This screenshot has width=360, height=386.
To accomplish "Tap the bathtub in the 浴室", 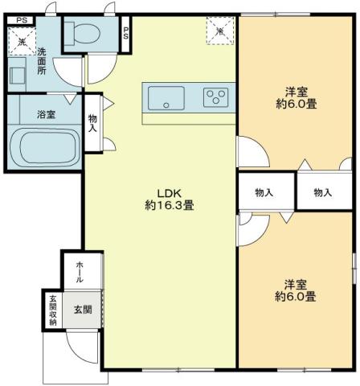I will tap(44, 148).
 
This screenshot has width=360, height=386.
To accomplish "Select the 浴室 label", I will tap(46, 114).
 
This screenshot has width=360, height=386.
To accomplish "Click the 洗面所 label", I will tap(42, 61).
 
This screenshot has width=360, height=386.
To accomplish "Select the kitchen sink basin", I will tap(166, 99).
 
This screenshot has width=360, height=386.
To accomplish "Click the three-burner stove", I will tap(215, 97).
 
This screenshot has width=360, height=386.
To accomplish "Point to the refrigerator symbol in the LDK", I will tap(218, 31).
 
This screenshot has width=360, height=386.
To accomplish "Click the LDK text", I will tap(169, 193).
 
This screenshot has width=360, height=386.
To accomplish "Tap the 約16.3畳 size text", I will tap(169, 206).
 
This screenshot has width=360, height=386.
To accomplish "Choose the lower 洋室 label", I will tap(295, 284).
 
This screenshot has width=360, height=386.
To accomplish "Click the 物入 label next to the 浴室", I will tap(92, 123).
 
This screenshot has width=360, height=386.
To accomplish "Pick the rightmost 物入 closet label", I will tap(323, 193).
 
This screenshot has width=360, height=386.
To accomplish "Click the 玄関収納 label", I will tap(52, 310).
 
